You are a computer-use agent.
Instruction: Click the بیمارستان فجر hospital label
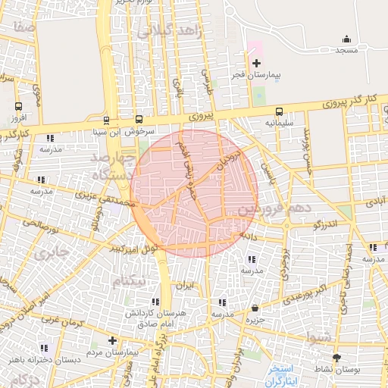click(x=255, y=76)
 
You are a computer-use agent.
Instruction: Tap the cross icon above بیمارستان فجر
click(x=256, y=63)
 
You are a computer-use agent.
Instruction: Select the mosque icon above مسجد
click(x=347, y=39)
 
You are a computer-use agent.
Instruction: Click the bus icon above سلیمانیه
click(x=279, y=111)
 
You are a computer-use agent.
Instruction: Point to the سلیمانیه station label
click(x=279, y=122)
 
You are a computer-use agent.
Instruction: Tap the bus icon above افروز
click(x=19, y=106)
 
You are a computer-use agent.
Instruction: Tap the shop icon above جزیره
click(x=254, y=308)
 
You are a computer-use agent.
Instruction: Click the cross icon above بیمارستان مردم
click(x=113, y=341)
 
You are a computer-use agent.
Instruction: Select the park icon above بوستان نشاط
click(x=337, y=357)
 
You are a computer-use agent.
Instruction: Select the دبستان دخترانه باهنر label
click(x=39, y=359)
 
